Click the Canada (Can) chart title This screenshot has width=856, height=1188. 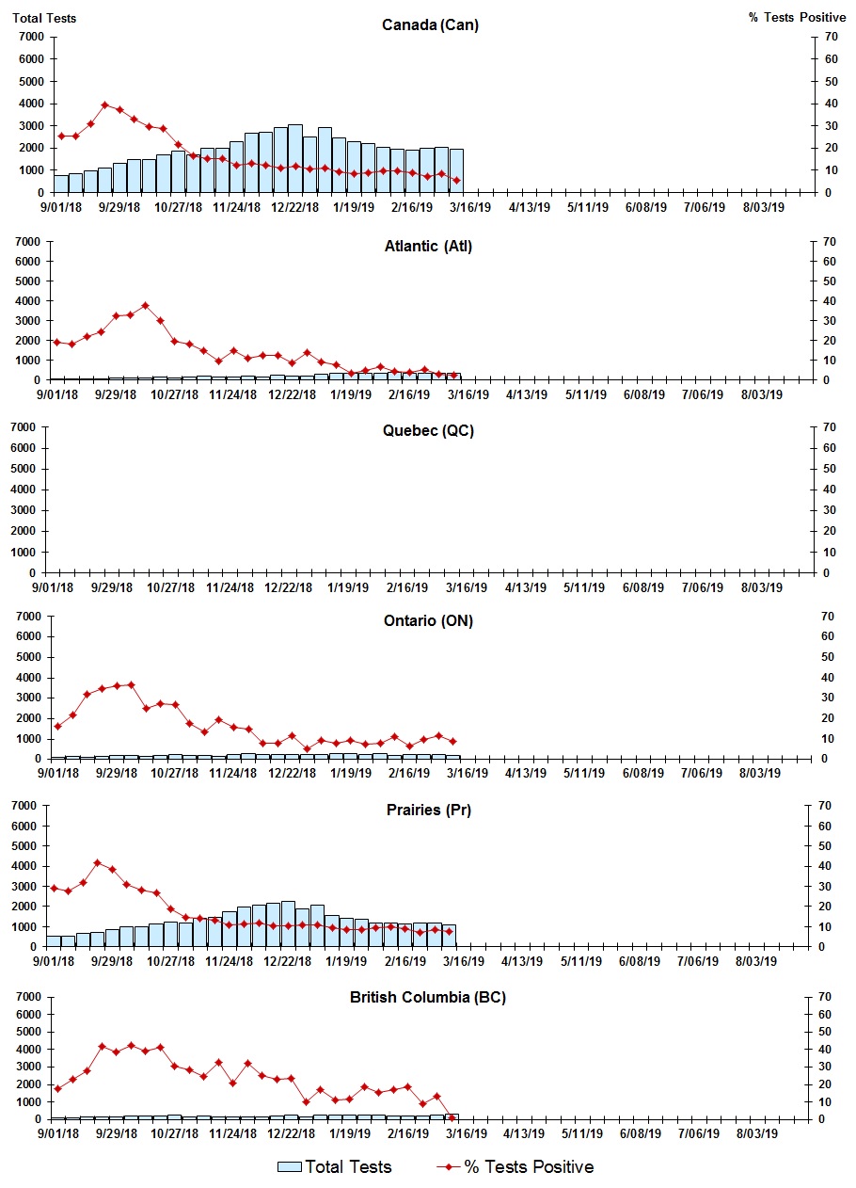coord(430,24)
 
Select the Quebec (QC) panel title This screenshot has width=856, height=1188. coord(428,431)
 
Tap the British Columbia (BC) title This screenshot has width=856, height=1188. coord(428,997)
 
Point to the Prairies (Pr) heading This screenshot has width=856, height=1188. coord(428,810)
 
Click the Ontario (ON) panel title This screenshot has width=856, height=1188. coord(428,620)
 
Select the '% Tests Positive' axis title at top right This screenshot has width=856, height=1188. coord(796,18)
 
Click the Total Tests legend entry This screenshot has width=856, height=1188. coord(335,1167)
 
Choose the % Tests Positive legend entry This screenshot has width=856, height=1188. coord(515,1167)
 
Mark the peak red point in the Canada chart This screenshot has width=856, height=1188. coord(105,105)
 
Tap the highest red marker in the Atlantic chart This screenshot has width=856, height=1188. coord(145,305)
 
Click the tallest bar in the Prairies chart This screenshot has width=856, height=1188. coord(288,923)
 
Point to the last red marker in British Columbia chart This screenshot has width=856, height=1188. coord(452,1117)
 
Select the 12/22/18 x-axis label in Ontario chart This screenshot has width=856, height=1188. coord(293,773)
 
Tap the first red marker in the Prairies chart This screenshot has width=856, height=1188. coord(54,888)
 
